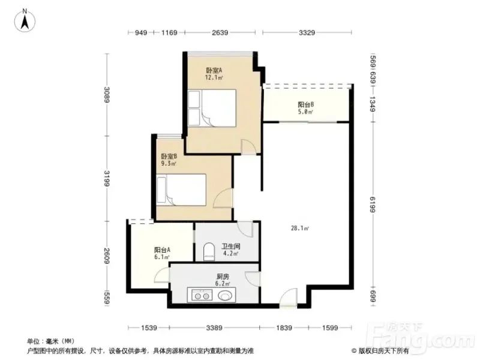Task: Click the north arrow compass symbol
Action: point(25,20)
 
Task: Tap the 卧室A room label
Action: point(214,70)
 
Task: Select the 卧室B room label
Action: point(169,157)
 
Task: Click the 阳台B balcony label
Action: point(306,104)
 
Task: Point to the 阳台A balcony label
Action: point(162,250)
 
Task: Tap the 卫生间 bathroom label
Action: point(231,246)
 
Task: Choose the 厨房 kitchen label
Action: point(223,277)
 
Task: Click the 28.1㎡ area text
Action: point(299,228)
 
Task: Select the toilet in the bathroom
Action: point(209,251)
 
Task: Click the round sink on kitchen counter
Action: point(226,295)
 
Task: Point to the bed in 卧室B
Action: point(181,190)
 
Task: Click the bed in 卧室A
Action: point(212,108)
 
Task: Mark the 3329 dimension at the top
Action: point(307,32)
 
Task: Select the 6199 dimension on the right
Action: point(373,204)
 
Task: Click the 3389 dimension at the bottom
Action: point(214,328)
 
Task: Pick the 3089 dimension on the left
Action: point(107,95)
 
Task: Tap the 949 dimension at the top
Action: point(141,32)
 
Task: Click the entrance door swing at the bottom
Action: point(289,297)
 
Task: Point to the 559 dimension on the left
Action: point(107,298)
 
